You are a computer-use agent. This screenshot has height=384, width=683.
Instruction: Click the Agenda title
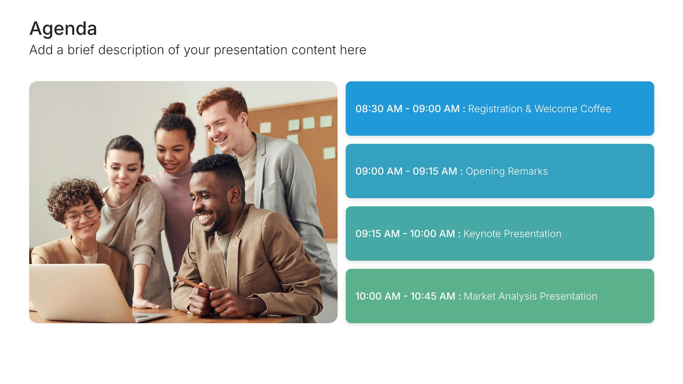pos(63,28)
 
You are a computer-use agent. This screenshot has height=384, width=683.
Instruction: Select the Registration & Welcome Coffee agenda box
pos(500,108)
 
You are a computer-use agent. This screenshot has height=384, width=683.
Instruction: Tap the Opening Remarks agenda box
pos(500,171)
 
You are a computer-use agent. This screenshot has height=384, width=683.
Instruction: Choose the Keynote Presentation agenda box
pos(500,234)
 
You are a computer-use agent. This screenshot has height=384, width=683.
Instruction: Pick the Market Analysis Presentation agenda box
pos(500,296)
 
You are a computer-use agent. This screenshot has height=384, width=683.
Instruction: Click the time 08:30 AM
pos(379,109)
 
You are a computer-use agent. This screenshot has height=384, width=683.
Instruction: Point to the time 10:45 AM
pos(433,296)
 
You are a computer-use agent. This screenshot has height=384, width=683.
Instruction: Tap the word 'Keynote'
pos(482,234)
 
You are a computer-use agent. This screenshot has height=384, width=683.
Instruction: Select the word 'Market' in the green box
pos(480,296)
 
